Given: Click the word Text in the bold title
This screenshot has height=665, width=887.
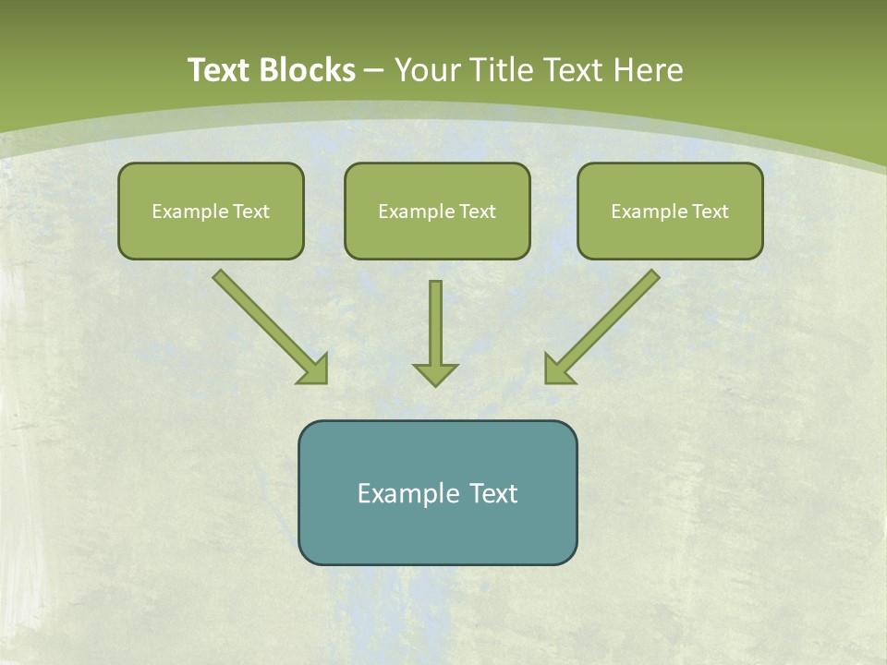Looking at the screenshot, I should coord(218,70).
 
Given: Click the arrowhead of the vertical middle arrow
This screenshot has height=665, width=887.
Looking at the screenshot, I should coord(435,375).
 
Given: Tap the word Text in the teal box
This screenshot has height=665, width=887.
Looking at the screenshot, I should coord(494,493).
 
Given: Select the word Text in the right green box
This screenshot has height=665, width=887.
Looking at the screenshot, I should coord(710,212).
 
